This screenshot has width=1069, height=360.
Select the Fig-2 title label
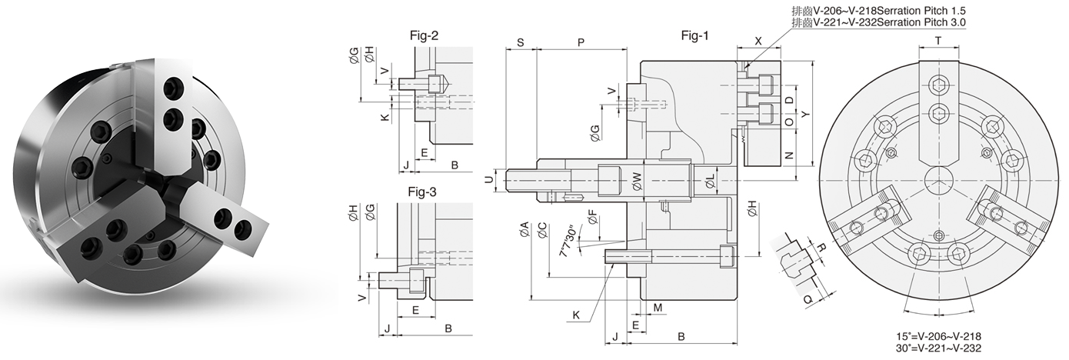coord(425,35)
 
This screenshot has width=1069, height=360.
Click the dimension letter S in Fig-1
coord(521,42)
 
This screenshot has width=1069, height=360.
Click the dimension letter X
coord(758,42)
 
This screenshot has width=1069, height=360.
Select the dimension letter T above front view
coord(938,40)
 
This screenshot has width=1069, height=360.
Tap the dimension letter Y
coord(804,114)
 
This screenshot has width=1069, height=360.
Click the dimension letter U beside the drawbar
coord(489,180)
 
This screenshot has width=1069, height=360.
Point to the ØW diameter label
coord(637,182)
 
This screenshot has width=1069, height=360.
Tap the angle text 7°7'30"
coord(568,242)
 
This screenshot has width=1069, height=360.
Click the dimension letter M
coord(658,308)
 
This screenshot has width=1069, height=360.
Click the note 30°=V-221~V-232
coord(938,348)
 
